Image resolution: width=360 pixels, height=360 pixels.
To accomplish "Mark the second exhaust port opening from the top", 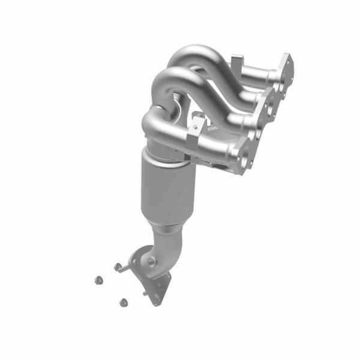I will (x=271, y=97).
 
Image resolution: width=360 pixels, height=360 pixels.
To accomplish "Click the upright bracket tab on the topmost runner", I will (x=237, y=62).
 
